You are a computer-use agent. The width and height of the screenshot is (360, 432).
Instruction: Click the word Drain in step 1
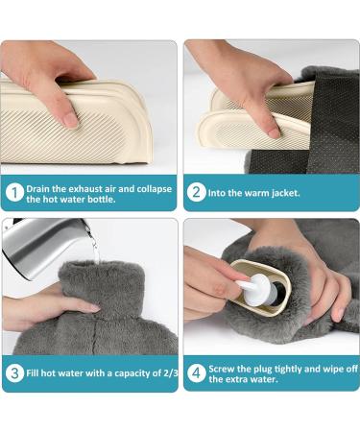pos(47,188)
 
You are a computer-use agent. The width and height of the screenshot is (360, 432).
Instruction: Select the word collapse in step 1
pos(153,188)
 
